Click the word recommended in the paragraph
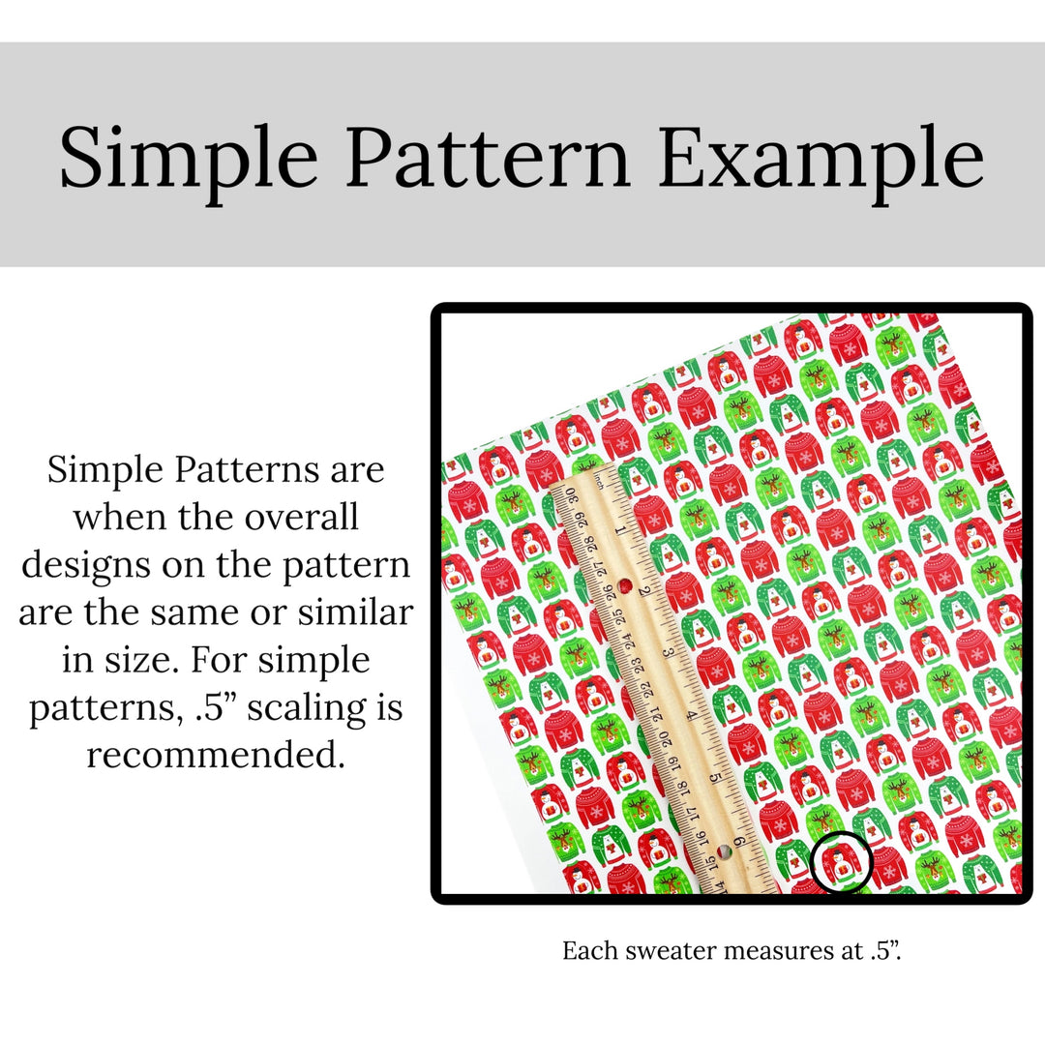click(216, 755)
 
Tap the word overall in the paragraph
click(302, 517)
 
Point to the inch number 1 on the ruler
click(620, 530)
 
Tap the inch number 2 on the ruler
click(643, 591)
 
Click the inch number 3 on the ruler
click(669, 652)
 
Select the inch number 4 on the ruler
click(693, 715)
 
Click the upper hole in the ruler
click(625, 586)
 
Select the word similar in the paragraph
click(355, 612)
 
